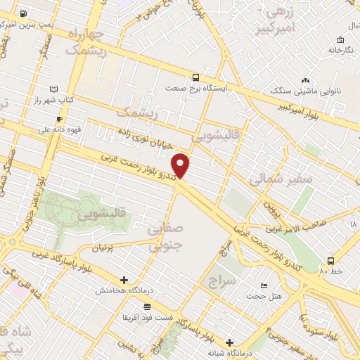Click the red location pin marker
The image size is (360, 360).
tap(181, 165)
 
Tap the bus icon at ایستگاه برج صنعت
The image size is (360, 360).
tap(196, 77)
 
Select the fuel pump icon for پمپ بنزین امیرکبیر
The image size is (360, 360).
tap(24, 13)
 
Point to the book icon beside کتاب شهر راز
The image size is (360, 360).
tap(56, 89)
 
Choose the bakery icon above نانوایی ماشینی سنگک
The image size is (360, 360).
tap(306, 81)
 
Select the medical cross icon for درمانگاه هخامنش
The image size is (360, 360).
tap(124, 279)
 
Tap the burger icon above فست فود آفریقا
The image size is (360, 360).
tap(147, 307)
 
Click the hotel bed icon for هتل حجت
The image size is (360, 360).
tap(264, 285)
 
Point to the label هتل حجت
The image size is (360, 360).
tap(263, 296)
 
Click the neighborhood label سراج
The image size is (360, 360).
tap(224, 282)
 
